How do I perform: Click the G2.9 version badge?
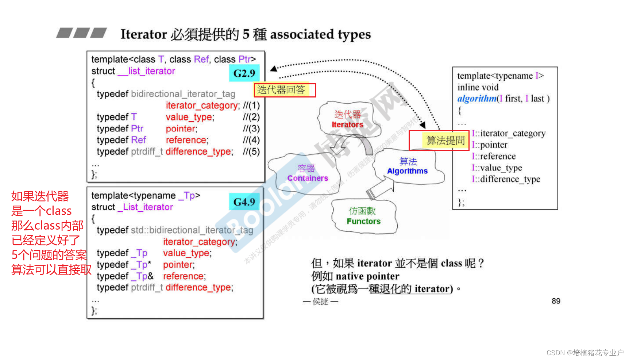(x=244, y=73)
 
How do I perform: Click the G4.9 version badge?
(x=244, y=202)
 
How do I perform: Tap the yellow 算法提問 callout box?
(x=445, y=141)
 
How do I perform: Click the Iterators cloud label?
(x=347, y=125)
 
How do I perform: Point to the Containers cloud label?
(x=308, y=178)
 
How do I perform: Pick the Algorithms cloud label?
(x=407, y=171)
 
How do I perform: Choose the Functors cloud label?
(x=363, y=221)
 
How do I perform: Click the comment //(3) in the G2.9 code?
(x=251, y=129)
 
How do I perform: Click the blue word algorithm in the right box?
(x=477, y=99)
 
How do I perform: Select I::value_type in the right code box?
(x=497, y=168)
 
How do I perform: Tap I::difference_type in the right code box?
(x=506, y=179)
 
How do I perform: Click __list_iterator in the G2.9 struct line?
(x=146, y=71)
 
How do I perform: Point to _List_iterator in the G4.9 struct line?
(x=145, y=207)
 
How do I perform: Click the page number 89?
(x=556, y=301)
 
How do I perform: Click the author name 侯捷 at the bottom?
(x=320, y=302)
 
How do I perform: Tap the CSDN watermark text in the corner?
(x=585, y=352)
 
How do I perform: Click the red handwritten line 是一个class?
(x=41, y=211)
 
